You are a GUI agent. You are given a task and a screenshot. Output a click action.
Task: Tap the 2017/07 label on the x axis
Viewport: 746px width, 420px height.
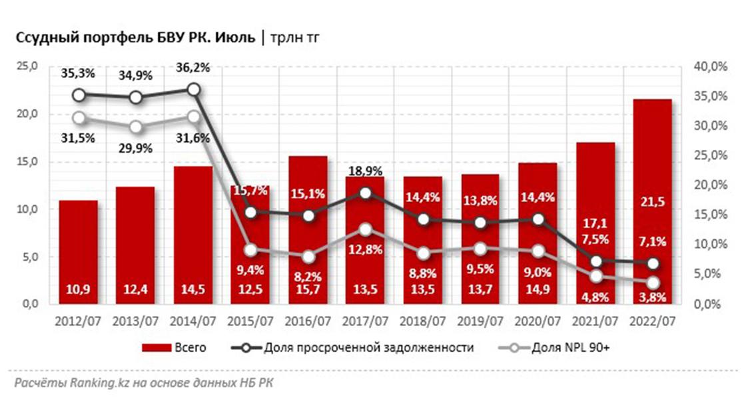365,321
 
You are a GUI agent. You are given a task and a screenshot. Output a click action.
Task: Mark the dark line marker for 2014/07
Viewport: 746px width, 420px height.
194,90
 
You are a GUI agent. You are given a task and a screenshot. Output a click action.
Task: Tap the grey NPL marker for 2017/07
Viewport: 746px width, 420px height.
365,229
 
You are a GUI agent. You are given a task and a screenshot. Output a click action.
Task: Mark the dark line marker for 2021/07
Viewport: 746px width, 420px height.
596,261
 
